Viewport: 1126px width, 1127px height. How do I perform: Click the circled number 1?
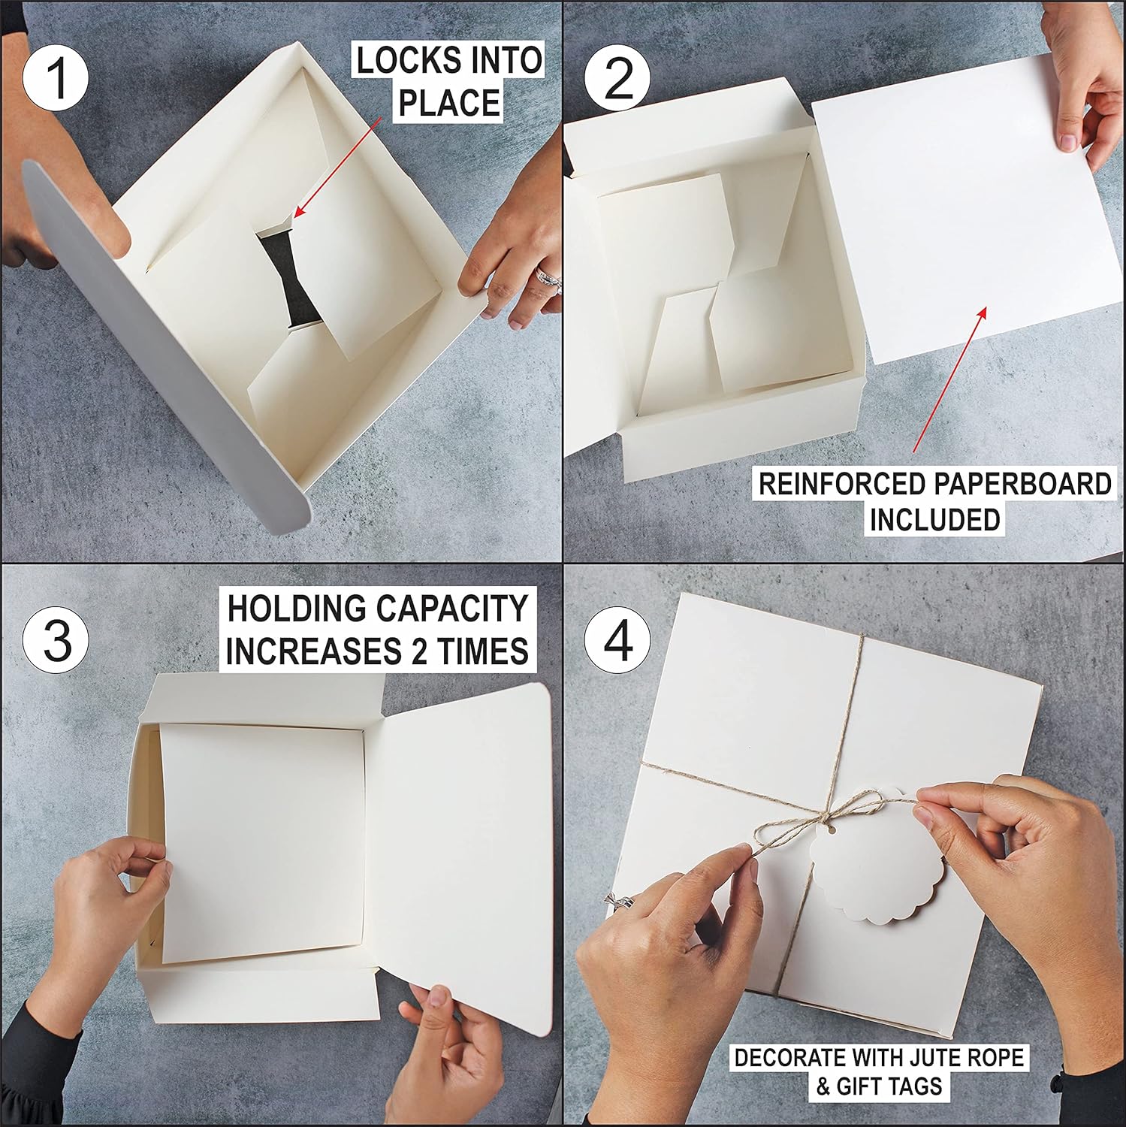(56, 78)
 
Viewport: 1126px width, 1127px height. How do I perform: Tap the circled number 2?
(617, 78)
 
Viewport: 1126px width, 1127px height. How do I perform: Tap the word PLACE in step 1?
(448, 103)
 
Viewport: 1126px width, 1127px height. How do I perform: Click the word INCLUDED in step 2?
(934, 520)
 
